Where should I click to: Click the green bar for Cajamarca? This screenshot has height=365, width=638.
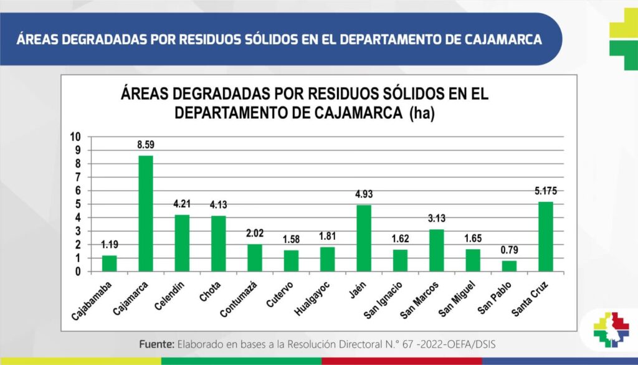pyautogui.click(x=145, y=213)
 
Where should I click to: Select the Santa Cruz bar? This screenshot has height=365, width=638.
pyautogui.click(x=545, y=237)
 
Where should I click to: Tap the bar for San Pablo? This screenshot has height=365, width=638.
pyautogui.click(x=509, y=266)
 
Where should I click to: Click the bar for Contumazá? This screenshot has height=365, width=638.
pyautogui.click(x=254, y=258)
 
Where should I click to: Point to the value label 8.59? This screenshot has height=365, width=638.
pyautogui.click(x=146, y=145)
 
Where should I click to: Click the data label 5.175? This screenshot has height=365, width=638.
pyautogui.click(x=545, y=191)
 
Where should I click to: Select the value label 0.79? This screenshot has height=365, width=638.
pyautogui.click(x=509, y=250)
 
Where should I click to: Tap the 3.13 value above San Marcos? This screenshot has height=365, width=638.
pyautogui.click(x=436, y=219)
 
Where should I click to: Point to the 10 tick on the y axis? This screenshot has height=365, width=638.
pyautogui.click(x=75, y=136)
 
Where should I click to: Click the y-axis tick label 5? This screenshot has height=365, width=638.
pyautogui.click(x=78, y=204)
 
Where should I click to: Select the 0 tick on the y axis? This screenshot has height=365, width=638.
pyautogui.click(x=78, y=272)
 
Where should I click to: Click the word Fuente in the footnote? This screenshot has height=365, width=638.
pyautogui.click(x=156, y=344)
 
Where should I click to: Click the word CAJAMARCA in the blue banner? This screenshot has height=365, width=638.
pyautogui.click(x=503, y=39)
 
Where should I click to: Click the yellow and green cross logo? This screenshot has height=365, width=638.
pyautogui.click(x=623, y=39)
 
